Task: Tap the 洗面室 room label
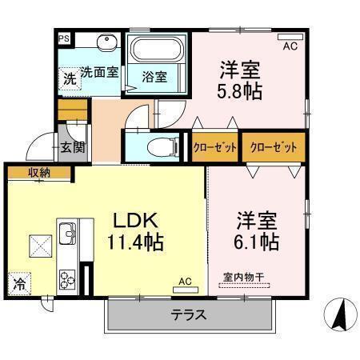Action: (99, 72)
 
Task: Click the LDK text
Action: (136, 219)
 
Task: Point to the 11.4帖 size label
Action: (136, 242)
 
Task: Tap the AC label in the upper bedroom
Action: (290, 46)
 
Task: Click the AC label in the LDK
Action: (185, 281)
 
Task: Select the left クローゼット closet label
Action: (214, 148)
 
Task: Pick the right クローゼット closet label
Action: (273, 148)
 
